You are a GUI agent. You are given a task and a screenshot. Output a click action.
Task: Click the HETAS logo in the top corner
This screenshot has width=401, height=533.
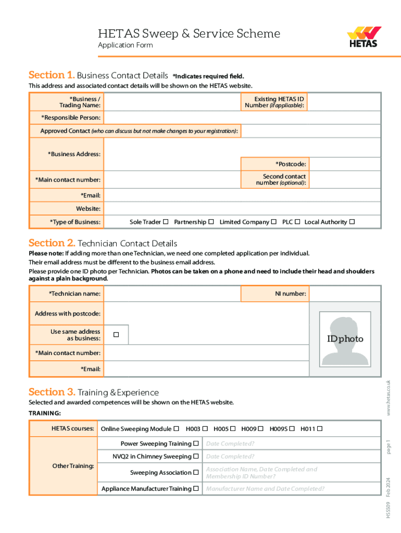coord(364,37)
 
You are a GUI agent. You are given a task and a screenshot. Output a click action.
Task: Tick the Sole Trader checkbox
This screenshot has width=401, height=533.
coord(165,222)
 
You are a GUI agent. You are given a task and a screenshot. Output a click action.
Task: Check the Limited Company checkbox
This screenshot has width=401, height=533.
coord(273,222)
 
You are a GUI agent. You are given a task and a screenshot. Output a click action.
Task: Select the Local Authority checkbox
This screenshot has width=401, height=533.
coord(352,222)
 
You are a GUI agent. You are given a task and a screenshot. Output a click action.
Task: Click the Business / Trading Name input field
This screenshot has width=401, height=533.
coord(171,102)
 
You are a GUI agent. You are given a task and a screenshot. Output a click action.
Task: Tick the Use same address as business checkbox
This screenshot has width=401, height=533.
coord(116,334)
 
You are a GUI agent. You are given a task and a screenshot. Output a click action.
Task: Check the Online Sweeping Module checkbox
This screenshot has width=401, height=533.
coord(176,428)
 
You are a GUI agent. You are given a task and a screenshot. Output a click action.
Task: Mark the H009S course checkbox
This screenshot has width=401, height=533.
coord(292,428)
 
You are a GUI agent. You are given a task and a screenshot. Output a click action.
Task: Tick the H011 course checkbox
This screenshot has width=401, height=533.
coord(320,428)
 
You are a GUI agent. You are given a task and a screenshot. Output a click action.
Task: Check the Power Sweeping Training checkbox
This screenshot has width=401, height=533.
coord(196,443)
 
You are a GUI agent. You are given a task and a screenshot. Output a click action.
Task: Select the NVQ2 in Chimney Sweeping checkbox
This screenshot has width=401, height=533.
coord(196,456)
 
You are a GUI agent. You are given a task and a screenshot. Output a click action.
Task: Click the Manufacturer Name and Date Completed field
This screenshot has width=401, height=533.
coord(292,489)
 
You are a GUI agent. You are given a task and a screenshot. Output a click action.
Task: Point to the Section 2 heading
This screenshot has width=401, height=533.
coord(103,243)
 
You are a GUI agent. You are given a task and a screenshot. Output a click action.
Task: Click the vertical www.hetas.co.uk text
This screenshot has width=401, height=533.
coord(389,398)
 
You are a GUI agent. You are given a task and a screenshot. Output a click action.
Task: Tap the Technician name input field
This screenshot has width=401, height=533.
coord(171,294)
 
